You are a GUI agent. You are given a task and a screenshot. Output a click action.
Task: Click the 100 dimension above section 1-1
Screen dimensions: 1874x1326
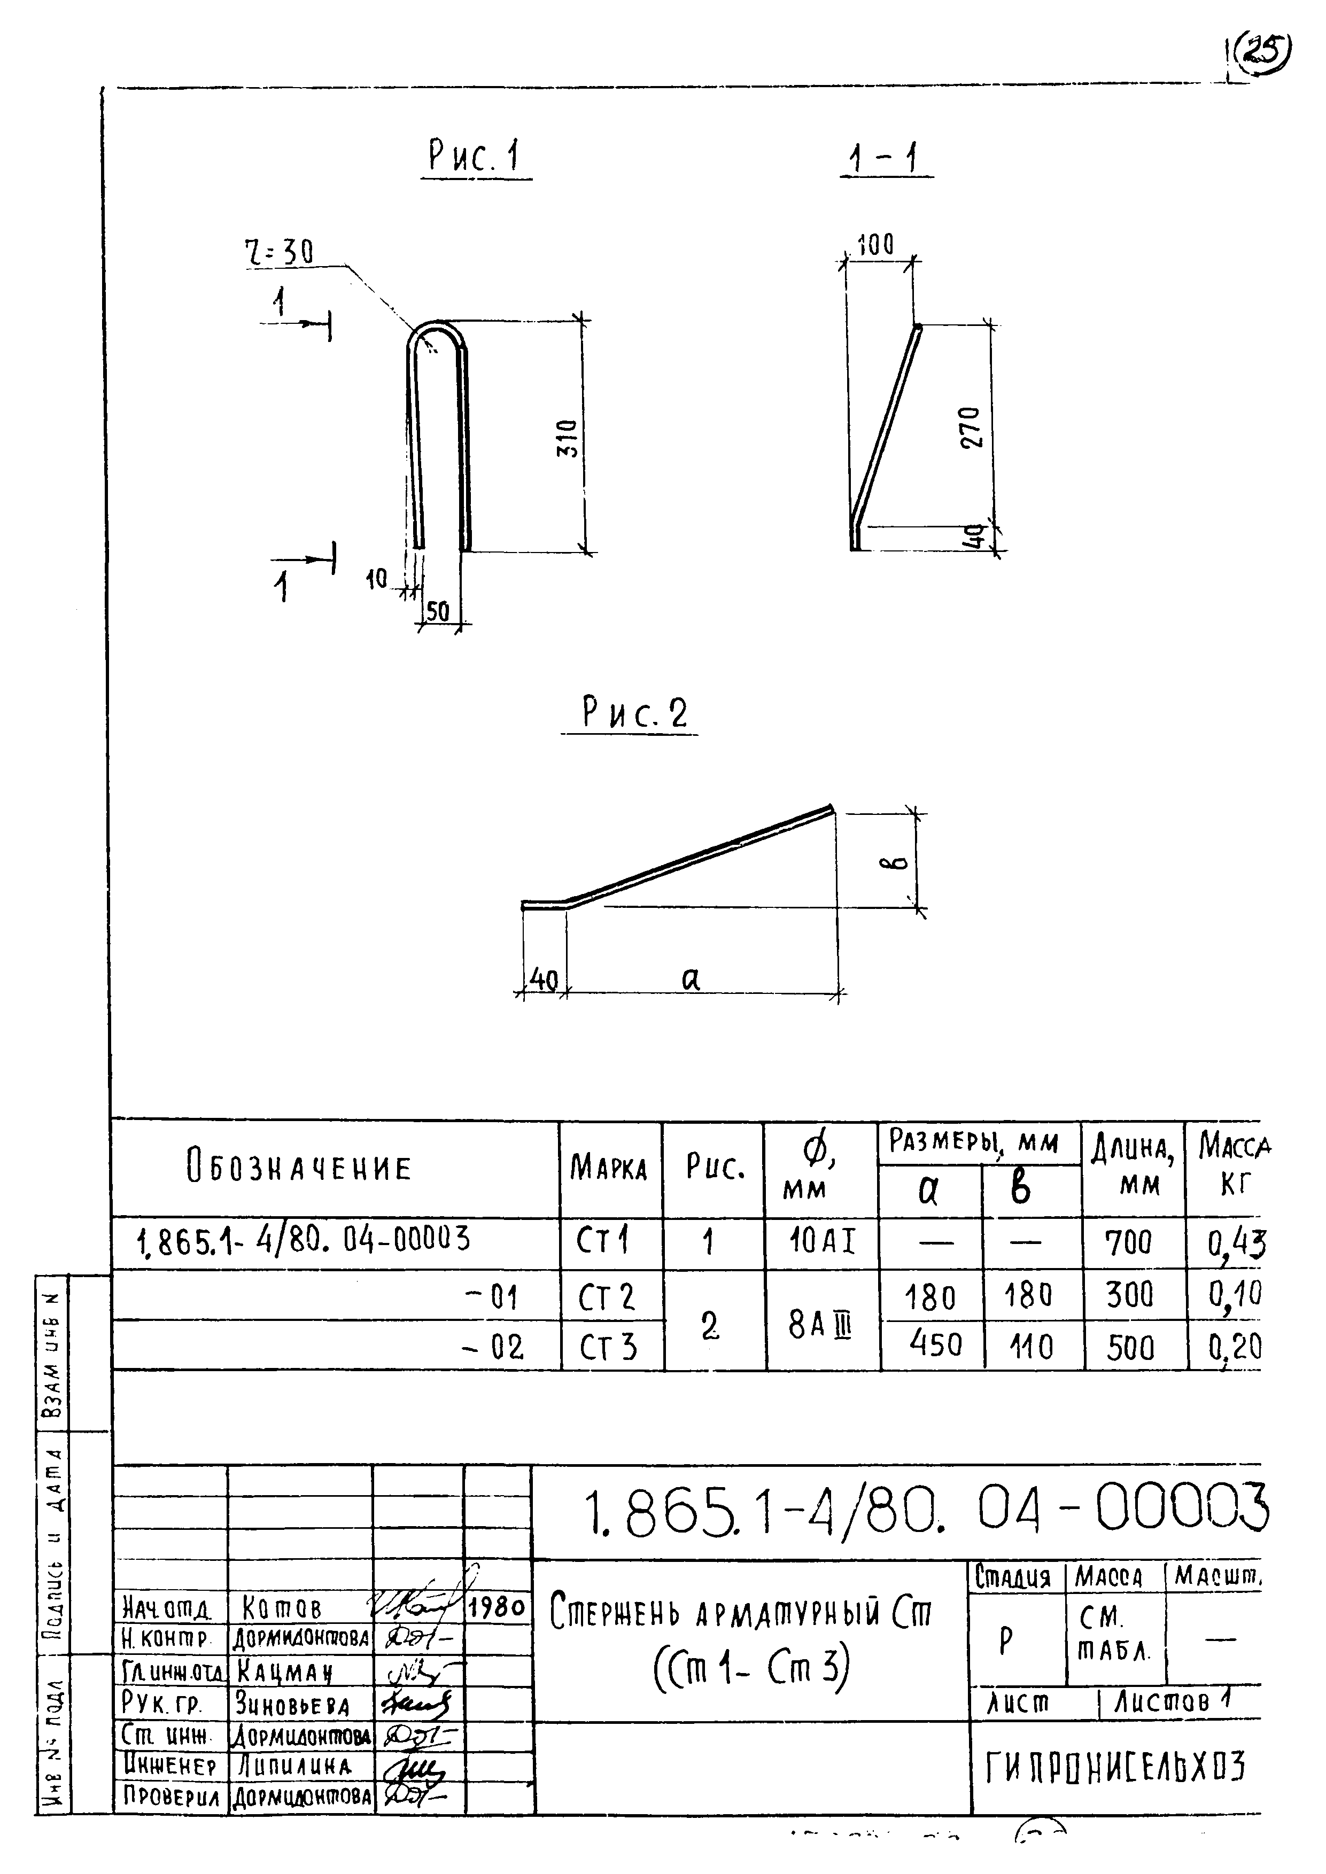click(x=875, y=244)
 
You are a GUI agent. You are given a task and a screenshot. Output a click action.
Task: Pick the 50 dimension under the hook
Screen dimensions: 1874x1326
click(x=438, y=612)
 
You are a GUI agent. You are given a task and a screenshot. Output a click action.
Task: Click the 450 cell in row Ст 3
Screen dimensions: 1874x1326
click(x=936, y=1343)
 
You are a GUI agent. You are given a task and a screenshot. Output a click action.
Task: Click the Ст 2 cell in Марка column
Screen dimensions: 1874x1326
click(x=607, y=1297)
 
